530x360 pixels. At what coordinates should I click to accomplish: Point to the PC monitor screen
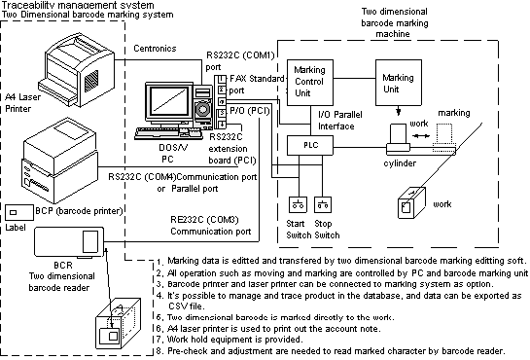(172, 103)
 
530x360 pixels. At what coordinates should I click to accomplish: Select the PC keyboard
(169, 132)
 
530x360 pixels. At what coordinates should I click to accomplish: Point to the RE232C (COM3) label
(210, 225)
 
